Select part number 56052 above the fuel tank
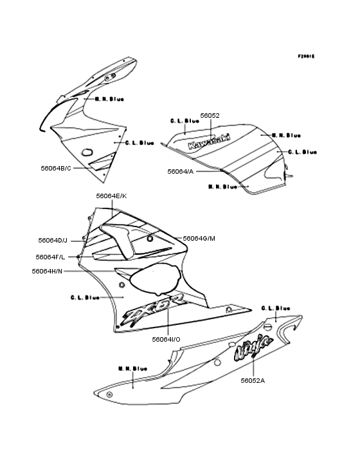[x=210, y=116]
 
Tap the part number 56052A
[x=253, y=380]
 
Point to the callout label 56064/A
[x=180, y=171]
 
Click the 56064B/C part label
[x=56, y=168]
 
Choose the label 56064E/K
[x=111, y=195]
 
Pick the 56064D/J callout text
[x=53, y=240]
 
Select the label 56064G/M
[x=199, y=238]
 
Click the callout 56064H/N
[x=47, y=271]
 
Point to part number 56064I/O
[x=166, y=338]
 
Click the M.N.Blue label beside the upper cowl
[x=109, y=99]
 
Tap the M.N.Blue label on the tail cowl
[x=132, y=369]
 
